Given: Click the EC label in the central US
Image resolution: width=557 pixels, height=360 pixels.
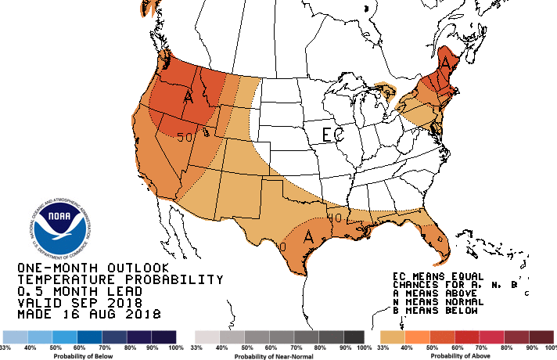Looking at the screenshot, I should coord(332,134).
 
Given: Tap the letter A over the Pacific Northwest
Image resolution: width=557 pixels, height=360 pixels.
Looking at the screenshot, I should coord(188,98).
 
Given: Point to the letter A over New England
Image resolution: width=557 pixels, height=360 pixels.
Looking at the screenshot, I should coord(446,60).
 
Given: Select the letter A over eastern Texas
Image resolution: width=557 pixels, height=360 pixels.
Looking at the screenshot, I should coord(309,235).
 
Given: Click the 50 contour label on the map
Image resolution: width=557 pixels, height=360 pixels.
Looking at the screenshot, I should coord(185,137).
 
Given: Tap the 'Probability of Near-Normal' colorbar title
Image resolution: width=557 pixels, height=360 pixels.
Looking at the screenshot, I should coord(278,355).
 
